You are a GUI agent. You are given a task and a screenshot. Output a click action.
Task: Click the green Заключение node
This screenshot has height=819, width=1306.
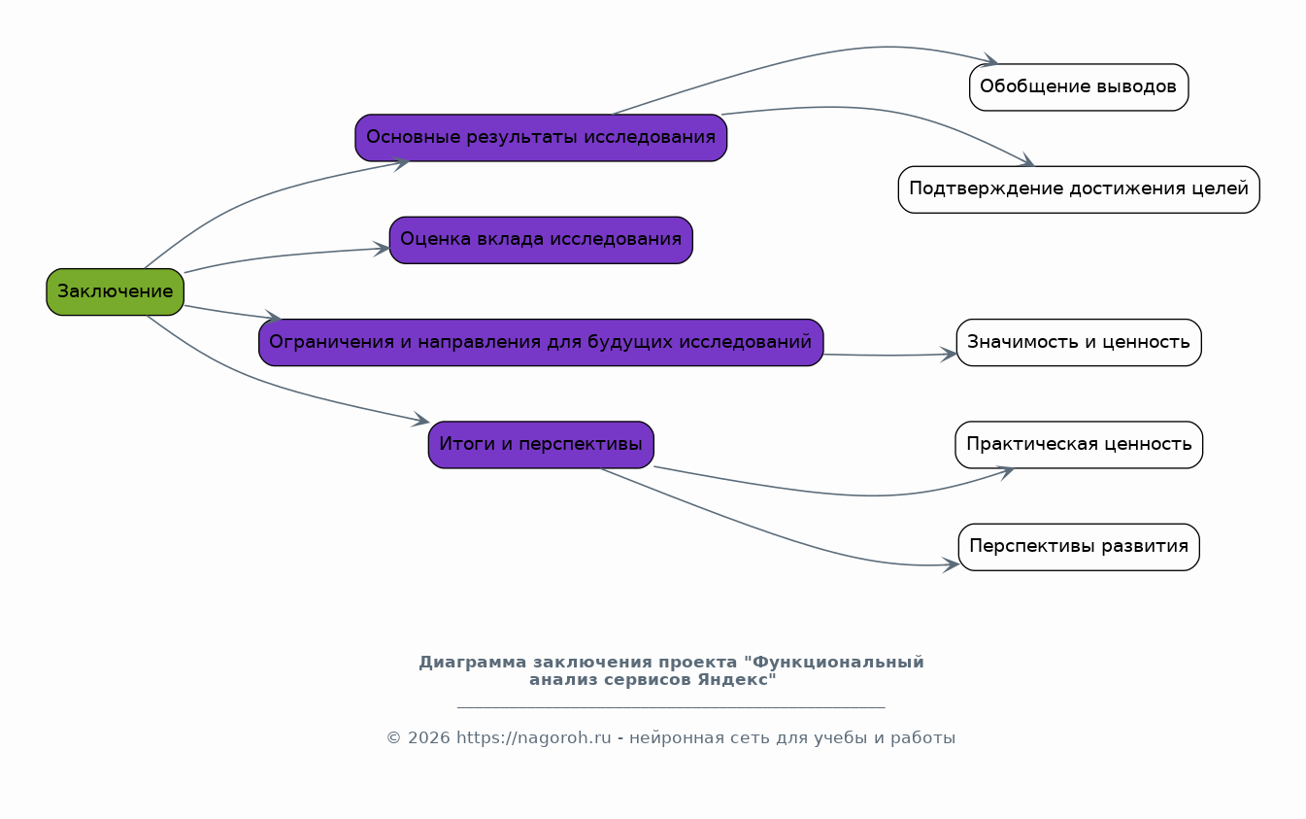[115, 291]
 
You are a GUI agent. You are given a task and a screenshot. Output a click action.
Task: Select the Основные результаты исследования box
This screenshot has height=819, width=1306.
[541, 138]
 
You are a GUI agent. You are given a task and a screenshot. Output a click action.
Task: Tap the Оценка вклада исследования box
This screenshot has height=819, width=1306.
[541, 240]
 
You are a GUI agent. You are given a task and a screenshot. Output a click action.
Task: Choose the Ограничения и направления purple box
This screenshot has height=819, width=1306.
[541, 342]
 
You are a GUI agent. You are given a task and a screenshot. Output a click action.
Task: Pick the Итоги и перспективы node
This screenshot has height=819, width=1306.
[541, 445]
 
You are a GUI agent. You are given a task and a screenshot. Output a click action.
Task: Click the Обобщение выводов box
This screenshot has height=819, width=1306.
[1078, 87]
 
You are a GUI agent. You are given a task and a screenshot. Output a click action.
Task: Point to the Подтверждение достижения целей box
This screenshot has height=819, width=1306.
[1078, 189]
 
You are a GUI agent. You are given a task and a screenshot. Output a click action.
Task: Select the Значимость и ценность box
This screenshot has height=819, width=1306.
[1078, 342]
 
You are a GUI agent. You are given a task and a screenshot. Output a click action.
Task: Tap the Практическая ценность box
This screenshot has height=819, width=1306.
[1078, 445]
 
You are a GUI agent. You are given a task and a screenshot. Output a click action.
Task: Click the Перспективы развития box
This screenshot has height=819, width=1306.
[1078, 547]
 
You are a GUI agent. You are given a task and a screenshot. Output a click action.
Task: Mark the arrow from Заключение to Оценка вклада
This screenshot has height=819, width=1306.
[282, 256]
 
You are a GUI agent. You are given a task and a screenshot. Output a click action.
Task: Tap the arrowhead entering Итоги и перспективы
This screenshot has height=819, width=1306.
[419, 421]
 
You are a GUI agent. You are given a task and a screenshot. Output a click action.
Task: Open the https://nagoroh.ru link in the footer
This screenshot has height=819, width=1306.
[533, 738]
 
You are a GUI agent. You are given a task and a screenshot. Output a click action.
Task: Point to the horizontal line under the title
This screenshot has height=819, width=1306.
[670, 708]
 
